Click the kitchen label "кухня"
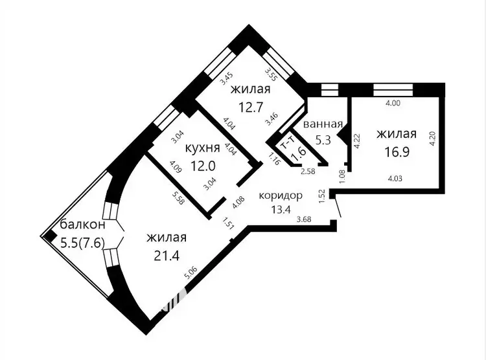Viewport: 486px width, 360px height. tap(202, 148)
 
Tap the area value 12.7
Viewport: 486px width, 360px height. tap(251, 107)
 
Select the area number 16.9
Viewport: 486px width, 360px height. tap(397, 152)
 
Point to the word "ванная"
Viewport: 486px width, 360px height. tap(323, 124)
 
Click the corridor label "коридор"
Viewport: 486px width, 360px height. tap(281, 196)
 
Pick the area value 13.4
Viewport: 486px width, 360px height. tap(281, 209)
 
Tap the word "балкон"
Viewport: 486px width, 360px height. tap(82, 224)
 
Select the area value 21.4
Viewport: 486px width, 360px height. tap(167, 256)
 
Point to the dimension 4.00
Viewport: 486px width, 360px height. tap(393, 103)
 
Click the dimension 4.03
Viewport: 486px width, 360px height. tap(395, 179)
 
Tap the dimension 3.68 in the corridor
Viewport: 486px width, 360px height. tap(304, 219)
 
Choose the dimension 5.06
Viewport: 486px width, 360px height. tap(191, 273)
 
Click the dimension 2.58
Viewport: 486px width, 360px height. tap(308, 171)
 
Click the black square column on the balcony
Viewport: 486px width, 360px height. tap(50, 237)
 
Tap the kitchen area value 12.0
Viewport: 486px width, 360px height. tap(203, 166)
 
